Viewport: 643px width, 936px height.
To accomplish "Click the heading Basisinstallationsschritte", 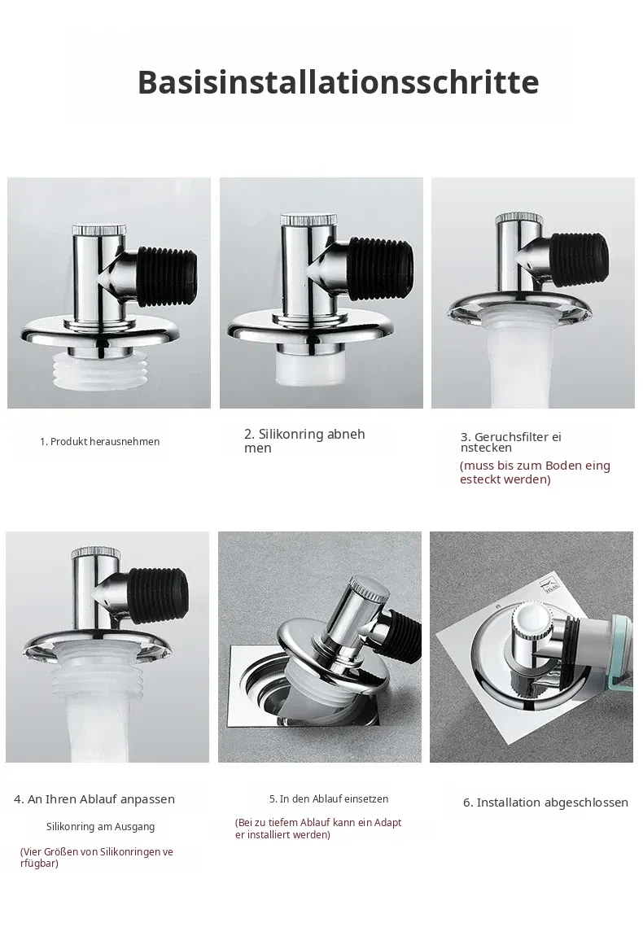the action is coord(338,82).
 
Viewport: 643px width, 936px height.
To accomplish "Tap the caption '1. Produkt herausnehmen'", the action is coord(99,442).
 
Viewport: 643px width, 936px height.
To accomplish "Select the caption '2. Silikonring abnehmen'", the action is coord(304,441).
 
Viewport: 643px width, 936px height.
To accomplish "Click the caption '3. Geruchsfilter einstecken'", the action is coord(511,442).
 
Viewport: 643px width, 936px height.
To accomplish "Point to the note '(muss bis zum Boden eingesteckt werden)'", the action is coord(535,472).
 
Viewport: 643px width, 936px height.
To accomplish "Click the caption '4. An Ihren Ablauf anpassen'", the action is coord(94,799).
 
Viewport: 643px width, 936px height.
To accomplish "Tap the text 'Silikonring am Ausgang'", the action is coord(100,827).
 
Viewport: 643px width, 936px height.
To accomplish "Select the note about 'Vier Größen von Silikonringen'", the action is coord(97,857).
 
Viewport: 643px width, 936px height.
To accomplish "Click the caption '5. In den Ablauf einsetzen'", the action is coord(329,798).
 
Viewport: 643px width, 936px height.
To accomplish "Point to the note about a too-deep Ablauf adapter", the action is coord(318,829).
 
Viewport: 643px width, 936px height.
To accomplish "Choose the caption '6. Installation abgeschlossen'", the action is coord(545,803).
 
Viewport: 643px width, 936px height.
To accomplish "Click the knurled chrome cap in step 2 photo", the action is coord(304,220).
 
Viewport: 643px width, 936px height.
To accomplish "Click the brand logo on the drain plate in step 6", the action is coord(551,586).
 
